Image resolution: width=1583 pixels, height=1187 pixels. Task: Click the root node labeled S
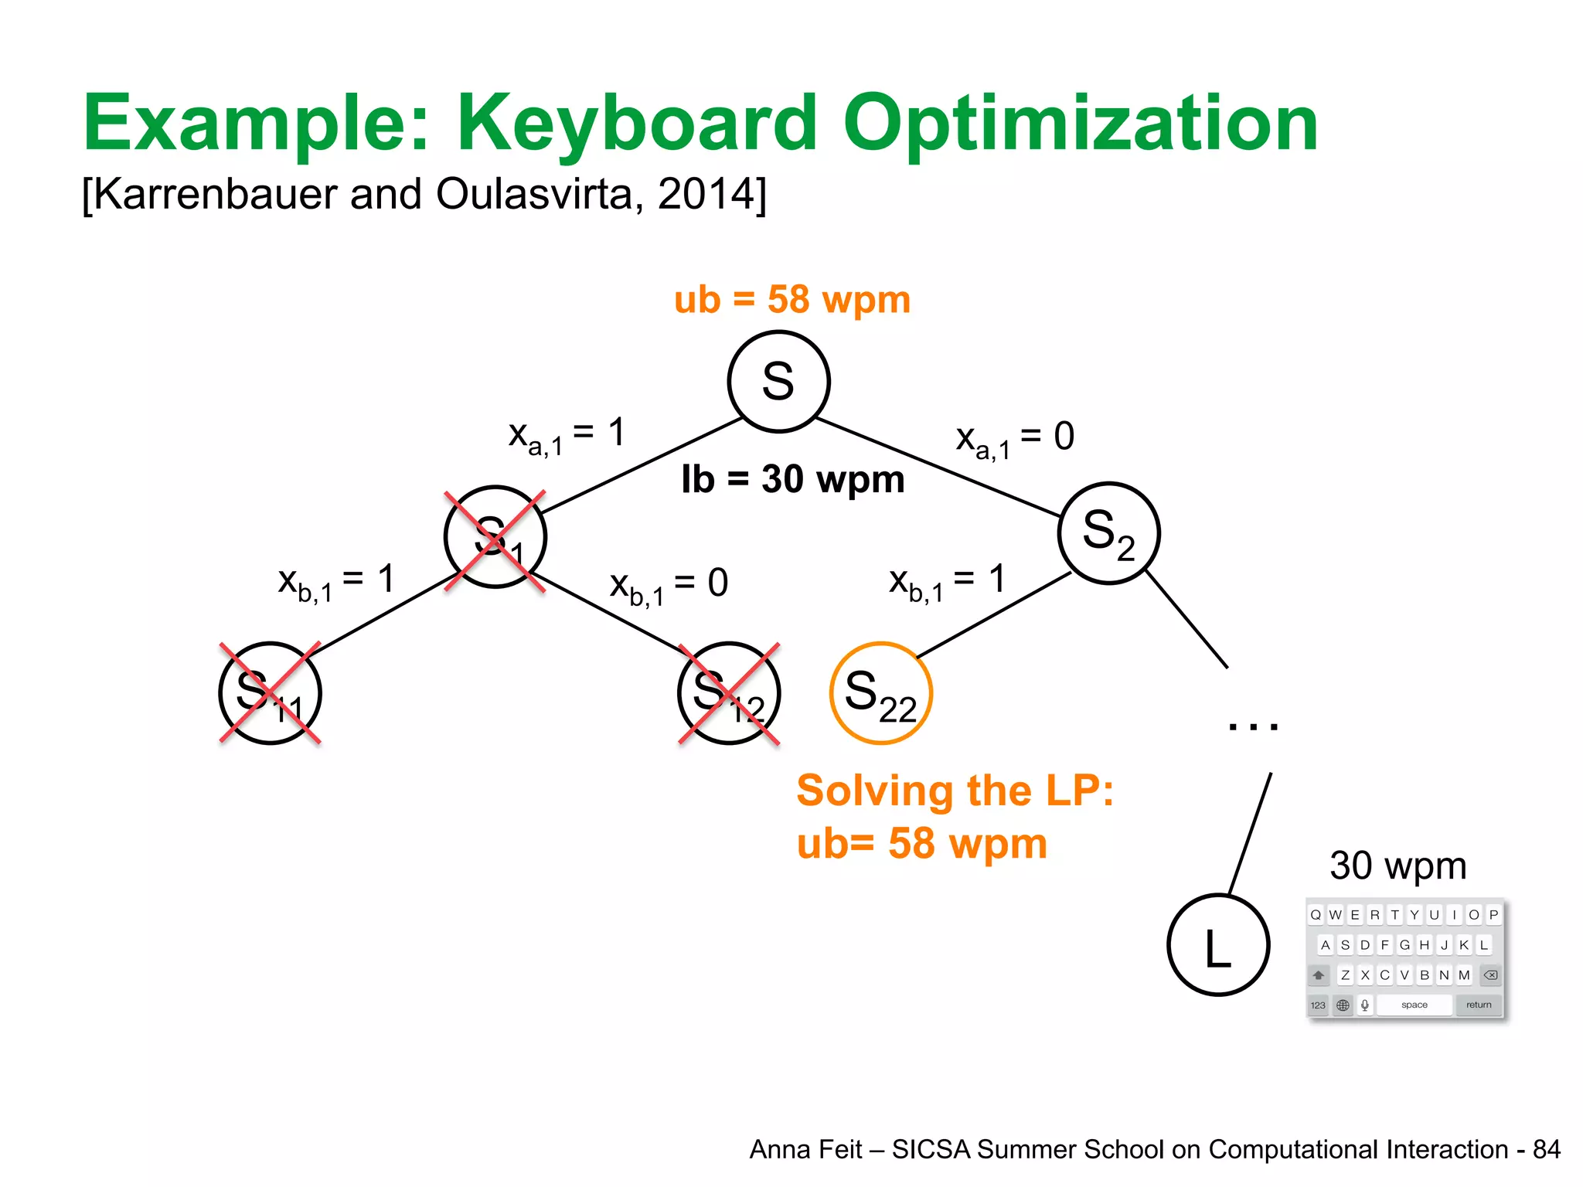click(x=778, y=381)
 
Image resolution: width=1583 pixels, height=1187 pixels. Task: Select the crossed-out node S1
click(x=495, y=537)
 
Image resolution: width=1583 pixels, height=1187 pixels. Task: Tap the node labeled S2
click(x=1108, y=533)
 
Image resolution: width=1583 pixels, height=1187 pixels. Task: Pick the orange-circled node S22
click(x=880, y=693)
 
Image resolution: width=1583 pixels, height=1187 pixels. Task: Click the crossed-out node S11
click(x=270, y=693)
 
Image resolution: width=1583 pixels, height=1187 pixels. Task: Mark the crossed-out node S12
click(x=729, y=693)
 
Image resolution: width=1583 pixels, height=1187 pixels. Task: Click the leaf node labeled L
click(x=1218, y=945)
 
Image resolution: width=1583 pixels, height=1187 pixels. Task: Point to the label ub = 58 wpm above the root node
click(x=792, y=299)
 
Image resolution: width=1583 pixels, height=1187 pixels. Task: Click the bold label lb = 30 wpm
click(x=792, y=479)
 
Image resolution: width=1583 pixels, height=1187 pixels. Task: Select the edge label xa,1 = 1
click(x=567, y=435)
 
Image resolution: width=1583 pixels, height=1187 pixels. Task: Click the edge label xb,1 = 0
click(x=669, y=585)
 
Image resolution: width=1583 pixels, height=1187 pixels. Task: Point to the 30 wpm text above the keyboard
click(x=1397, y=866)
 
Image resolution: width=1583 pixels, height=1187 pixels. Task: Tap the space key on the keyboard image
click(x=1414, y=1005)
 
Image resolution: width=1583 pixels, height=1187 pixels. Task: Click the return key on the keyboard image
click(x=1479, y=1005)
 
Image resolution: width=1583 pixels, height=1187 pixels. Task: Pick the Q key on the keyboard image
click(x=1316, y=915)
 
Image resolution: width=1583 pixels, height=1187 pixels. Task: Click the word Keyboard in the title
click(x=637, y=124)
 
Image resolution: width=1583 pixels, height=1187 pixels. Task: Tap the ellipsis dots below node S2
click(x=1253, y=726)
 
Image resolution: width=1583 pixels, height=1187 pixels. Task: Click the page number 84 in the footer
click(x=1546, y=1149)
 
